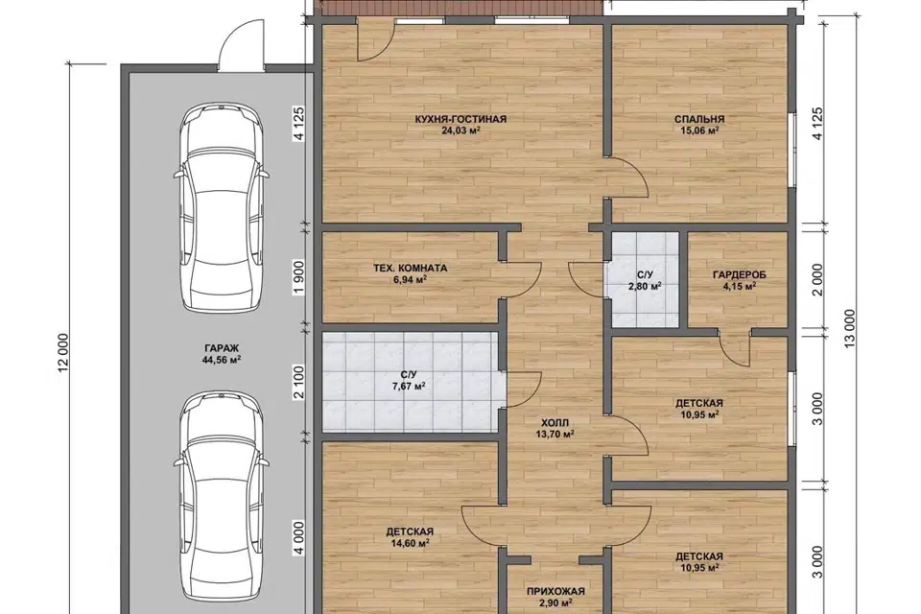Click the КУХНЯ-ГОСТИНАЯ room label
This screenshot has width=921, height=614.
[460, 119]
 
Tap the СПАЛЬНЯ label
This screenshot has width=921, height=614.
[699, 119]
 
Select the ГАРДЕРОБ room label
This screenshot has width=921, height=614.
[740, 275]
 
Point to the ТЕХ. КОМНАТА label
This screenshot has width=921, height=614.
[410, 269]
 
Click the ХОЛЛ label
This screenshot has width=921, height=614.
[555, 423]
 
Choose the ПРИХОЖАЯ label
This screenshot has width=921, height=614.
[555, 592]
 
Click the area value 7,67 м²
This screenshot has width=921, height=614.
[409, 386]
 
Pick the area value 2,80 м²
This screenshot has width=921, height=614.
[645, 286]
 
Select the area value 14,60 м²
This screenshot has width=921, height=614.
[410, 544]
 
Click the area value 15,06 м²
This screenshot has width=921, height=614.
[699, 130]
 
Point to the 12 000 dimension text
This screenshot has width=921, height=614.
[64, 352]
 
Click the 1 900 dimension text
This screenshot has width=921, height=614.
[299, 275]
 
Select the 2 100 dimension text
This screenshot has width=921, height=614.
[299, 383]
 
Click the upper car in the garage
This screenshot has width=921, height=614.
[222, 208]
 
